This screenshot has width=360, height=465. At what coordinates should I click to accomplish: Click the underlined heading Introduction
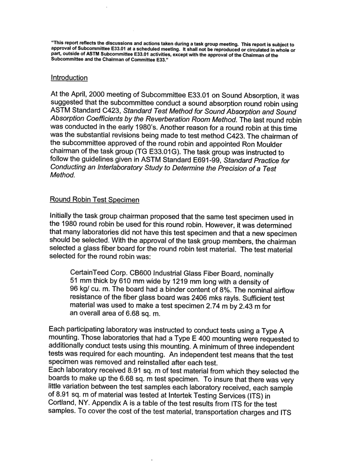(69, 78)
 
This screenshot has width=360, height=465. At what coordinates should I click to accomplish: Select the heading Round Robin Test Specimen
(94, 200)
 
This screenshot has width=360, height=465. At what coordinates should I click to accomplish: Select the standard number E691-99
(207, 160)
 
